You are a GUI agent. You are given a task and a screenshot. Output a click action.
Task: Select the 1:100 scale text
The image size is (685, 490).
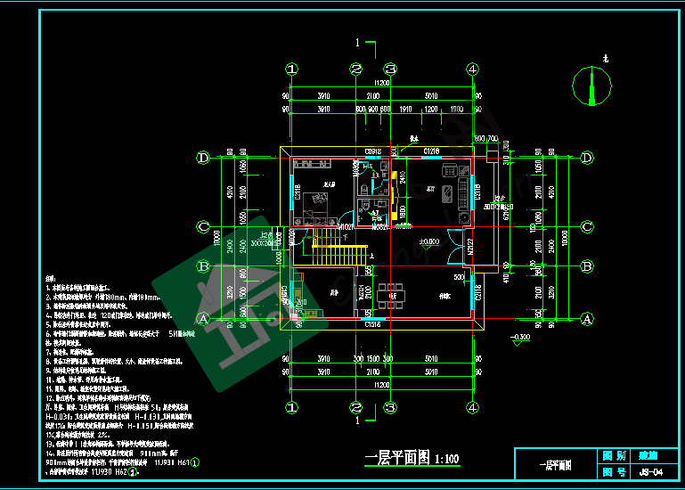(446, 460)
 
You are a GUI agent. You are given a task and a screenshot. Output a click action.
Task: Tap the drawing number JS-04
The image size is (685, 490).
(651, 472)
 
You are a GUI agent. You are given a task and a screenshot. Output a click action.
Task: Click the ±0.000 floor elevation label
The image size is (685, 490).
(428, 241)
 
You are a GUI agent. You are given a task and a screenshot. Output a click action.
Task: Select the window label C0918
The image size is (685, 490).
(372, 151)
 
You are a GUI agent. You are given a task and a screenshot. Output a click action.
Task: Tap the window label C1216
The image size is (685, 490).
(432, 151)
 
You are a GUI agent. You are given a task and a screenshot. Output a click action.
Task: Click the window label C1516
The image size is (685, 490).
(374, 325)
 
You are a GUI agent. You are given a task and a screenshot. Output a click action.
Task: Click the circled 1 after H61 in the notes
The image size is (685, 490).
(195, 462)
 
